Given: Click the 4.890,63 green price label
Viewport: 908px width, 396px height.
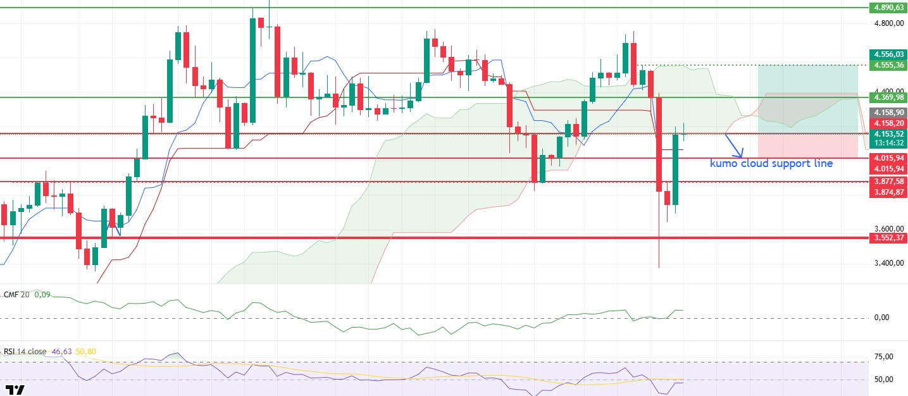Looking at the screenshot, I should tap(888, 8).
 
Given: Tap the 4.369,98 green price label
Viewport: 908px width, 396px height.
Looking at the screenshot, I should tap(888, 97).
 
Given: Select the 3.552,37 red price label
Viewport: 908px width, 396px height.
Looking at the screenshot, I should tap(888, 238).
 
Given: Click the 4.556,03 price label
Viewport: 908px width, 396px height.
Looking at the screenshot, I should tap(888, 54).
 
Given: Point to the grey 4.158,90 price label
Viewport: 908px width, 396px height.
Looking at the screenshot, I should tap(888, 111).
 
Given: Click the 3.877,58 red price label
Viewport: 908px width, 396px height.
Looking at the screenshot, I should tap(888, 182).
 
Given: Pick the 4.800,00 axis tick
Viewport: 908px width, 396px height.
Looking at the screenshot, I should tap(888, 23).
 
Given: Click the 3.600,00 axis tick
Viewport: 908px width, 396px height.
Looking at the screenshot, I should tap(888, 229).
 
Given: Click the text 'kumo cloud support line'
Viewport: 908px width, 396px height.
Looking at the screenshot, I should tap(771, 164).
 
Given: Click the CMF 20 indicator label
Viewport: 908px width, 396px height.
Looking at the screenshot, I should tap(17, 294).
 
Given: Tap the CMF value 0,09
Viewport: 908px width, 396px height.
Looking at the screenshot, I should tap(42, 294).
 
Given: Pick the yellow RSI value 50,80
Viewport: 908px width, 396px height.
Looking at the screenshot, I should tap(85, 351).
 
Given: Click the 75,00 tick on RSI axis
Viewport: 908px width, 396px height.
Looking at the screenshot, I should tap(884, 357).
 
